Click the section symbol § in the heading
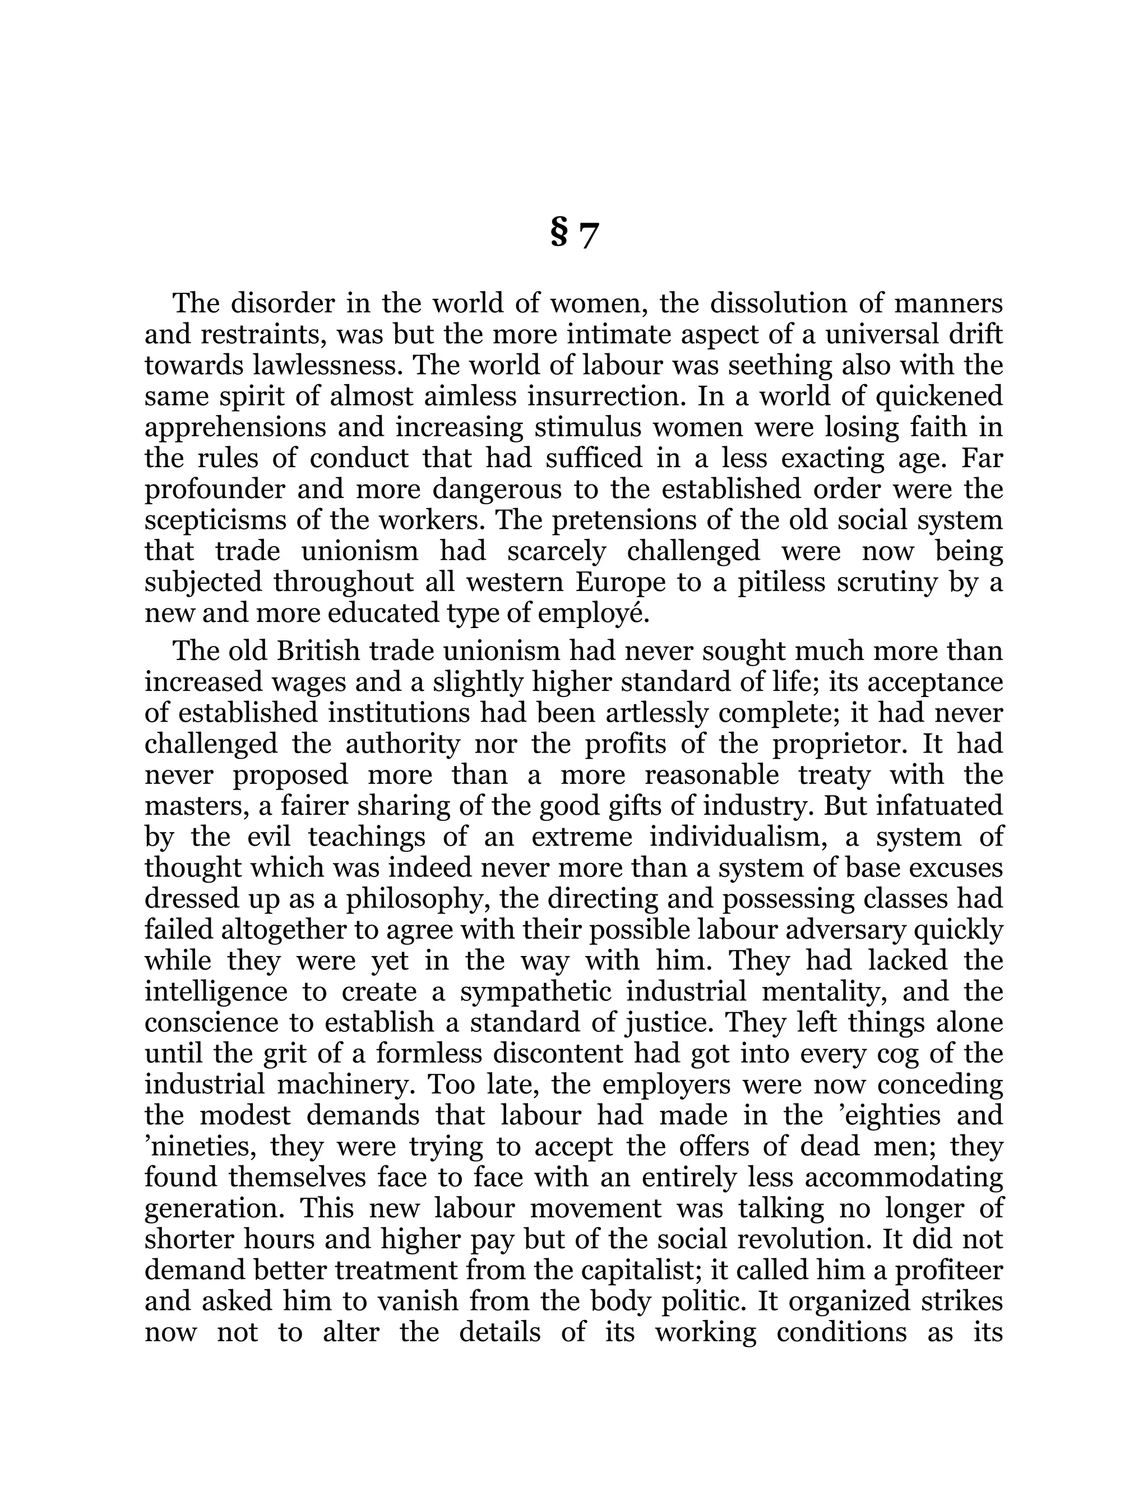(558, 234)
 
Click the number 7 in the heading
(588, 237)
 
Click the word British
(318, 651)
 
